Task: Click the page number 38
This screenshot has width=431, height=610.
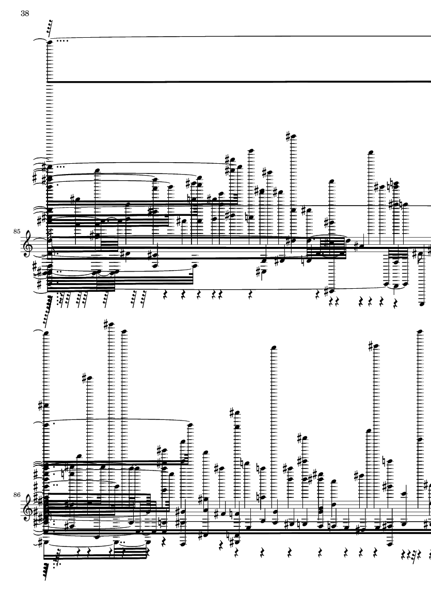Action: pyautogui.click(x=24, y=14)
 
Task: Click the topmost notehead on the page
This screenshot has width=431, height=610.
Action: pyautogui.click(x=50, y=42)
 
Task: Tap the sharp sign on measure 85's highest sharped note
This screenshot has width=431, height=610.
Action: pyautogui.click(x=288, y=136)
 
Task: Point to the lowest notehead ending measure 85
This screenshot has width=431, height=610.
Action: pyautogui.click(x=422, y=305)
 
